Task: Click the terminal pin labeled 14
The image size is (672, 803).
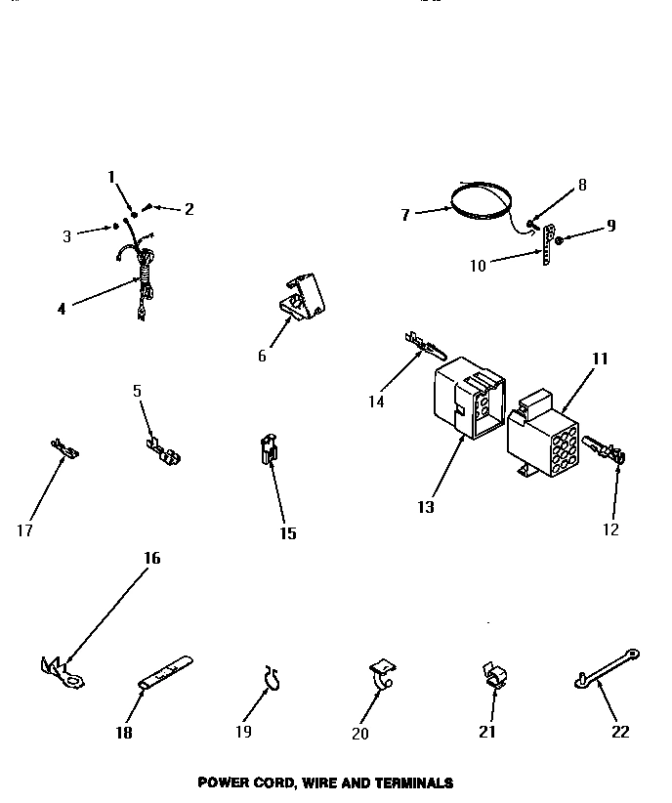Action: [421, 345]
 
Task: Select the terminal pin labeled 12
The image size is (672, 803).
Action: [604, 451]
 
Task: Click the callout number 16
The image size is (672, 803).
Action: [151, 559]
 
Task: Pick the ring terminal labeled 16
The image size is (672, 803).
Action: [63, 671]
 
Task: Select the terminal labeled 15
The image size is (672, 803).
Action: [268, 450]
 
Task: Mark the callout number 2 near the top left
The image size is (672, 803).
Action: [189, 208]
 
